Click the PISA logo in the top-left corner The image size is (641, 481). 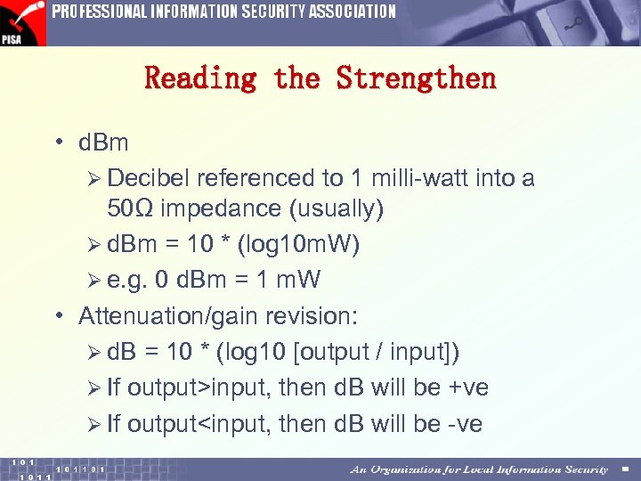tap(22, 22)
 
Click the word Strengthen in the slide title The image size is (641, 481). tap(416, 78)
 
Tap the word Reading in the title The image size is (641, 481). tap(199, 78)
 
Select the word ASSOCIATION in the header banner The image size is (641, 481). tap(343, 12)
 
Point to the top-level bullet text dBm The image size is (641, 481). tap(103, 143)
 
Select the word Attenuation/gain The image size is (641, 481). tap(169, 316)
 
